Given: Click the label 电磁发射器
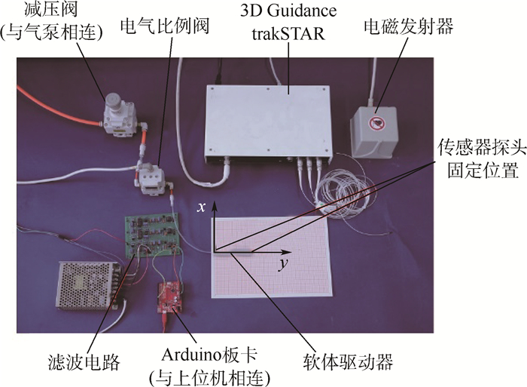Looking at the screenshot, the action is [407, 28].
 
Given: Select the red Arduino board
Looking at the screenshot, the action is [171, 296].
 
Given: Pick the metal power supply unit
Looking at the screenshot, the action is [89, 285].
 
